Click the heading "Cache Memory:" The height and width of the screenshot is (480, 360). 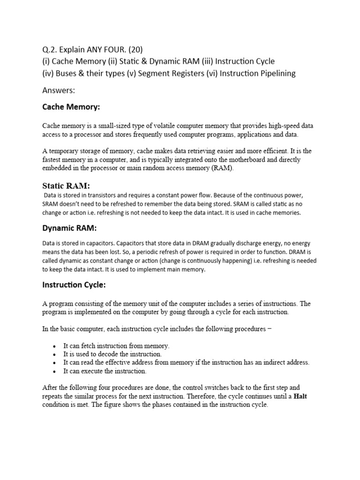pos(71,107)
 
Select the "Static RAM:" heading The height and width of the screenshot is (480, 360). pos(66,186)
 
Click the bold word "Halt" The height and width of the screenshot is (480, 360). pos(299,396)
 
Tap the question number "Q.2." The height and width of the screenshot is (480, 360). pos(51,50)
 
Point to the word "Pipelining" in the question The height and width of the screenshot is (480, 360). pos(276,73)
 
